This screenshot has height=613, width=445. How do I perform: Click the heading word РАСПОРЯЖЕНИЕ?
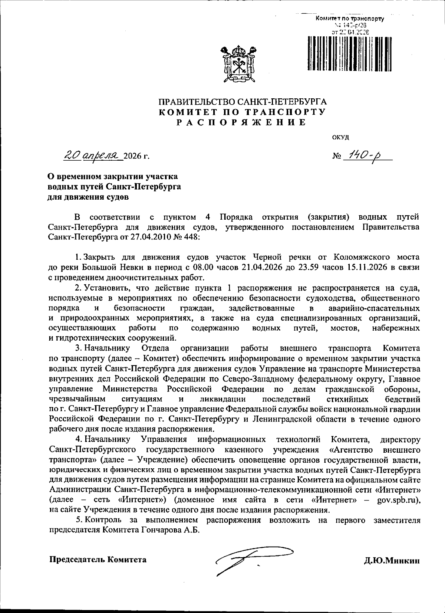tap(242, 122)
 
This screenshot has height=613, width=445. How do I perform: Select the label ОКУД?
tap(340, 137)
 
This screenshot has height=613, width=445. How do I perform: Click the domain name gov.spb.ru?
tap(398, 500)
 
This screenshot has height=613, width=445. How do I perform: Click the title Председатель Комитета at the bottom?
tap(98, 560)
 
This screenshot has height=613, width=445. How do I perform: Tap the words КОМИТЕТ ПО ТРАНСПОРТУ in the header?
tap(242, 112)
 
